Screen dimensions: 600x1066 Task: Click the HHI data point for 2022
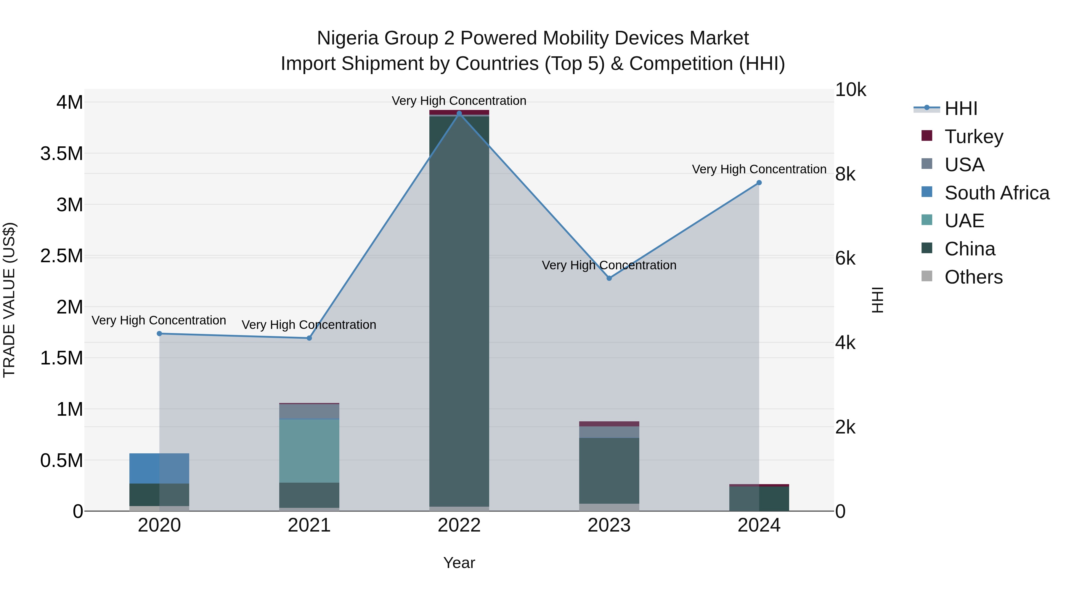point(459,113)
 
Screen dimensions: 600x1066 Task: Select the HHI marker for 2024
point(759,183)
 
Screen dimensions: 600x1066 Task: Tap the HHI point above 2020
point(159,334)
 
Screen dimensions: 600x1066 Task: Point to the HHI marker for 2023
point(609,278)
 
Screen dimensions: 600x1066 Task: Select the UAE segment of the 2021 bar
point(309,451)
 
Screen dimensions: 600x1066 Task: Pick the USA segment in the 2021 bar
point(309,412)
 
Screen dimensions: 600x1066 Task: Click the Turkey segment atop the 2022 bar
point(459,112)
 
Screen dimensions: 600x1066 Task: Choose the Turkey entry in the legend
point(974,137)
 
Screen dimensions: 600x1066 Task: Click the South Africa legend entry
point(996,193)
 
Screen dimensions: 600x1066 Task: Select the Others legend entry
point(973,277)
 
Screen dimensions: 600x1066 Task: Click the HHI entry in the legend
point(961,108)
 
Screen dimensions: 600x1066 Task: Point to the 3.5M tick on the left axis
point(62,153)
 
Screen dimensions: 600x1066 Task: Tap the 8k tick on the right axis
point(845,174)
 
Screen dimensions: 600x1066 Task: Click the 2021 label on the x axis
point(309,525)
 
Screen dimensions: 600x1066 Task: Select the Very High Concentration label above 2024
point(759,169)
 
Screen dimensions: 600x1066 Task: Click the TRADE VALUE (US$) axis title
point(9,300)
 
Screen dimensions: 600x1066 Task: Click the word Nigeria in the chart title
point(348,38)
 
